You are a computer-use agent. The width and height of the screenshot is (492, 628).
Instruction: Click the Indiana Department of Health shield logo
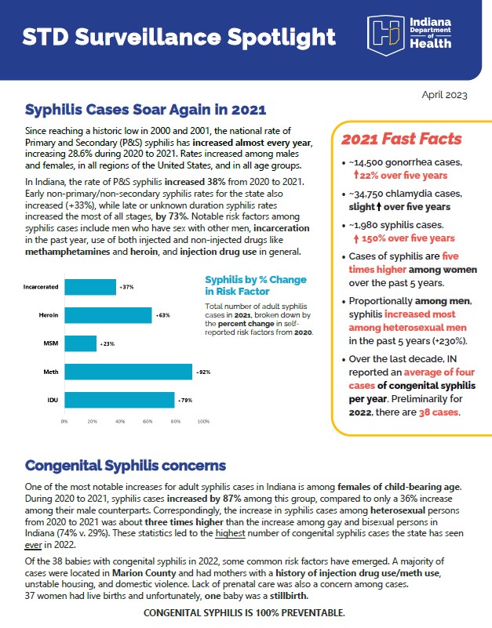coord(385,34)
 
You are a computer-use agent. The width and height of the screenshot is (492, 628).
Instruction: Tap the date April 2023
coord(444,95)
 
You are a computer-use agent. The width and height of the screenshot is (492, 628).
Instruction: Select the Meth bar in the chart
coord(129,372)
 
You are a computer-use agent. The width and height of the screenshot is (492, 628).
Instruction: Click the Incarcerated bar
coord(90,287)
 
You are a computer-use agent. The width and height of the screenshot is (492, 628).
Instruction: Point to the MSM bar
coord(81,343)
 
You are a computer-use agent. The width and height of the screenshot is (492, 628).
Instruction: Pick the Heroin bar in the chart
coord(108,315)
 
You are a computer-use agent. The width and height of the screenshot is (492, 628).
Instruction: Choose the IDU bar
coord(119,400)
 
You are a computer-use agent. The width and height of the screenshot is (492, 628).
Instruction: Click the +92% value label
coord(203,372)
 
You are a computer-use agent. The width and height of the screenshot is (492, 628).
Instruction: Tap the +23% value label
coord(108,343)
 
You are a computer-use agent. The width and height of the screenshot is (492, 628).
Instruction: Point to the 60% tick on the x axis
coord(148,421)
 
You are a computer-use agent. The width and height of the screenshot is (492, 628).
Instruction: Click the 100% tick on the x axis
coord(203,421)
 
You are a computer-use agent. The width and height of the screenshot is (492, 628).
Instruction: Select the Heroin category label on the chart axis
coord(49,315)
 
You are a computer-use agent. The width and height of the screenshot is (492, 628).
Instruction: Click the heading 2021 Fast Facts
coord(402,139)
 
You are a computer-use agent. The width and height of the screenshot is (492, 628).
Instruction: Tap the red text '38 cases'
coord(439,412)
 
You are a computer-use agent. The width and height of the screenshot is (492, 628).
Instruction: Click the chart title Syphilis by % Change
coord(256,280)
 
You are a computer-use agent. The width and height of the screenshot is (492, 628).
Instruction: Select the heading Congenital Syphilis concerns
coord(126,466)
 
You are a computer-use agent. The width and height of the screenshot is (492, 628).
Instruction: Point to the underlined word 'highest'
coord(230,533)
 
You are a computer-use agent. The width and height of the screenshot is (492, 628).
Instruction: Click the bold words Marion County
coord(144,573)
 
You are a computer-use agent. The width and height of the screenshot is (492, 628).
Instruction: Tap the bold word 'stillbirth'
coord(288,596)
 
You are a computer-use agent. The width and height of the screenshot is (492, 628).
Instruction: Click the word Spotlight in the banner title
coord(282,38)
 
